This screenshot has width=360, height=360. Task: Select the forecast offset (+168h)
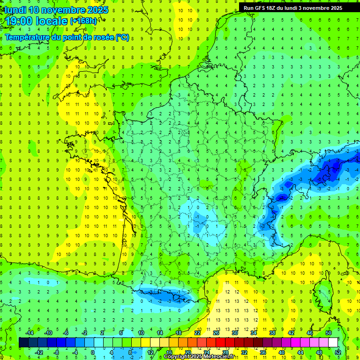(x=83, y=21)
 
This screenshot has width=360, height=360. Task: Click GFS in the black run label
(x=261, y=8)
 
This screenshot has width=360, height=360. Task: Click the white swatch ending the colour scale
(x=333, y=343)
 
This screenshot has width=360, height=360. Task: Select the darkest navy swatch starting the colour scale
(x=24, y=343)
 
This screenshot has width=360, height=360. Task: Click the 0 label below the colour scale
(x=93, y=352)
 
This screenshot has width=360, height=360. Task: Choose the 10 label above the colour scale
(x=141, y=333)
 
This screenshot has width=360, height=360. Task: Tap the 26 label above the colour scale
(x=216, y=333)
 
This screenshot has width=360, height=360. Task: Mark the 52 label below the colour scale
(x=338, y=352)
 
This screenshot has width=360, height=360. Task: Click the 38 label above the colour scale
(x=272, y=333)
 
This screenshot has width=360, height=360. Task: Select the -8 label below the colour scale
(x=56, y=352)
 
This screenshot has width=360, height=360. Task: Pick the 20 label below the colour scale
(x=187, y=352)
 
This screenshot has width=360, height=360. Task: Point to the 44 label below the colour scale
(x=300, y=352)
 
